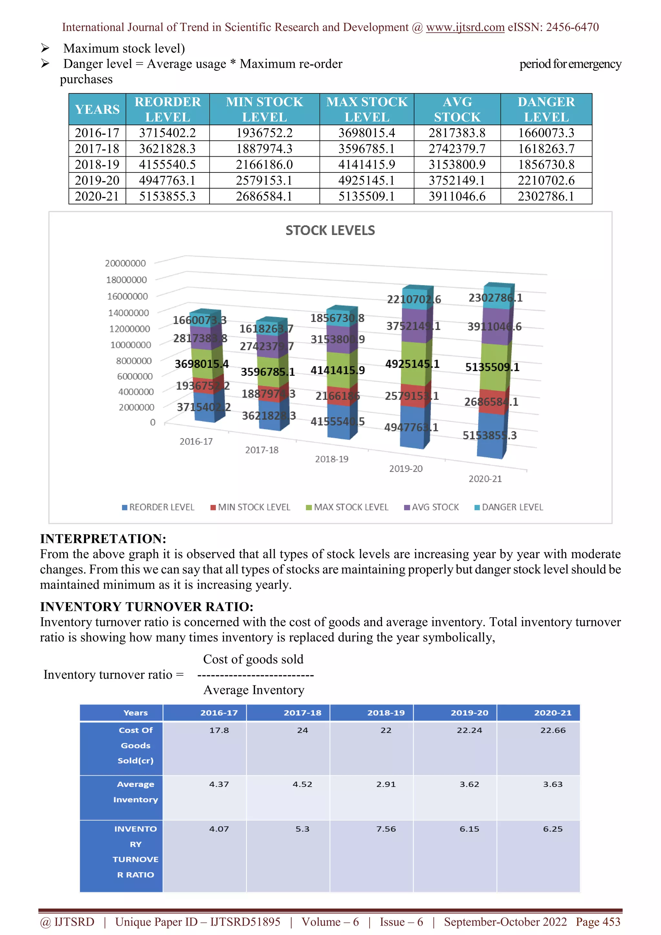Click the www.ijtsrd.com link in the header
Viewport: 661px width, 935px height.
[465, 27]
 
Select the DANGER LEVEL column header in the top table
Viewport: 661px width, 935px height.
[546, 109]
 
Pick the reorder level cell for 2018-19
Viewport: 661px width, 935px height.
[167, 165]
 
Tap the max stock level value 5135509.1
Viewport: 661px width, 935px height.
[366, 196]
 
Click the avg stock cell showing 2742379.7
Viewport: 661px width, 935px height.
[457, 149]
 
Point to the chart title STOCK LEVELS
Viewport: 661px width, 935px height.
[330, 231]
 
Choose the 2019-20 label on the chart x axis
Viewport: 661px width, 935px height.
[405, 469]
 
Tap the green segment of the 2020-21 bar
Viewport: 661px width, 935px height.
[494, 366]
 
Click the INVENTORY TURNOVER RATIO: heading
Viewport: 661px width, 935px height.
[147, 606]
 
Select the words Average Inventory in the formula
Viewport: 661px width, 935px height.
[254, 690]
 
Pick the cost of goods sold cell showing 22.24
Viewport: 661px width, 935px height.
[469, 730]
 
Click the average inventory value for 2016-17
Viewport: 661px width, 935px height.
[219, 784]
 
